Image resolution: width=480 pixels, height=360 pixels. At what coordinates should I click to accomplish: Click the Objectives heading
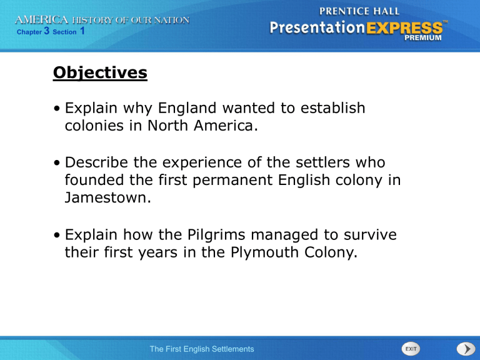[x=100, y=73]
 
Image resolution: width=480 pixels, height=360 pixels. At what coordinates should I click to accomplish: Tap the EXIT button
[x=409, y=348]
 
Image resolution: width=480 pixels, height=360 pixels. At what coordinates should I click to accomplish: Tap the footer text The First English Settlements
[x=201, y=349]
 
